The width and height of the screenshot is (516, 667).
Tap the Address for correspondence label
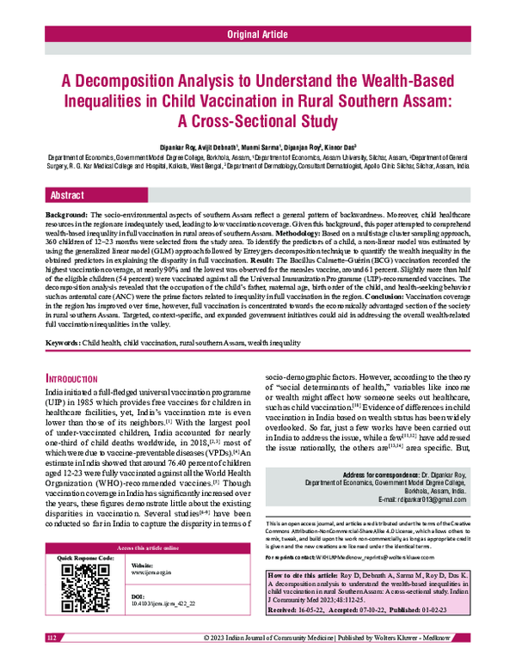point(390,474)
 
